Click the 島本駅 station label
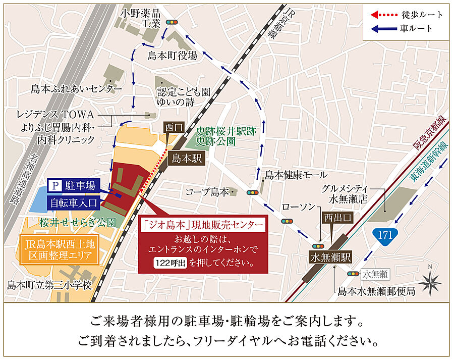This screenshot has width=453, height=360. [x=187, y=159]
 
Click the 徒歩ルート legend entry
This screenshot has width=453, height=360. [x=404, y=15]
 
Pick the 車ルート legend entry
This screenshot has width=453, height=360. [x=404, y=28]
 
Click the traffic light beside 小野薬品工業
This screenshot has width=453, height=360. [x=173, y=23]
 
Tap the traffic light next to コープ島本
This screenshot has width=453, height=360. [x=251, y=192]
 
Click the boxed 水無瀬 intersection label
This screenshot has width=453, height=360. [x=374, y=274]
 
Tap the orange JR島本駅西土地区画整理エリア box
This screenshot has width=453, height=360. [x=60, y=249]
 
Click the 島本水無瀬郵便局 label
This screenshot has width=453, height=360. [x=376, y=291]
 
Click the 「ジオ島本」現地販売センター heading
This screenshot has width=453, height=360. [x=202, y=224]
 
